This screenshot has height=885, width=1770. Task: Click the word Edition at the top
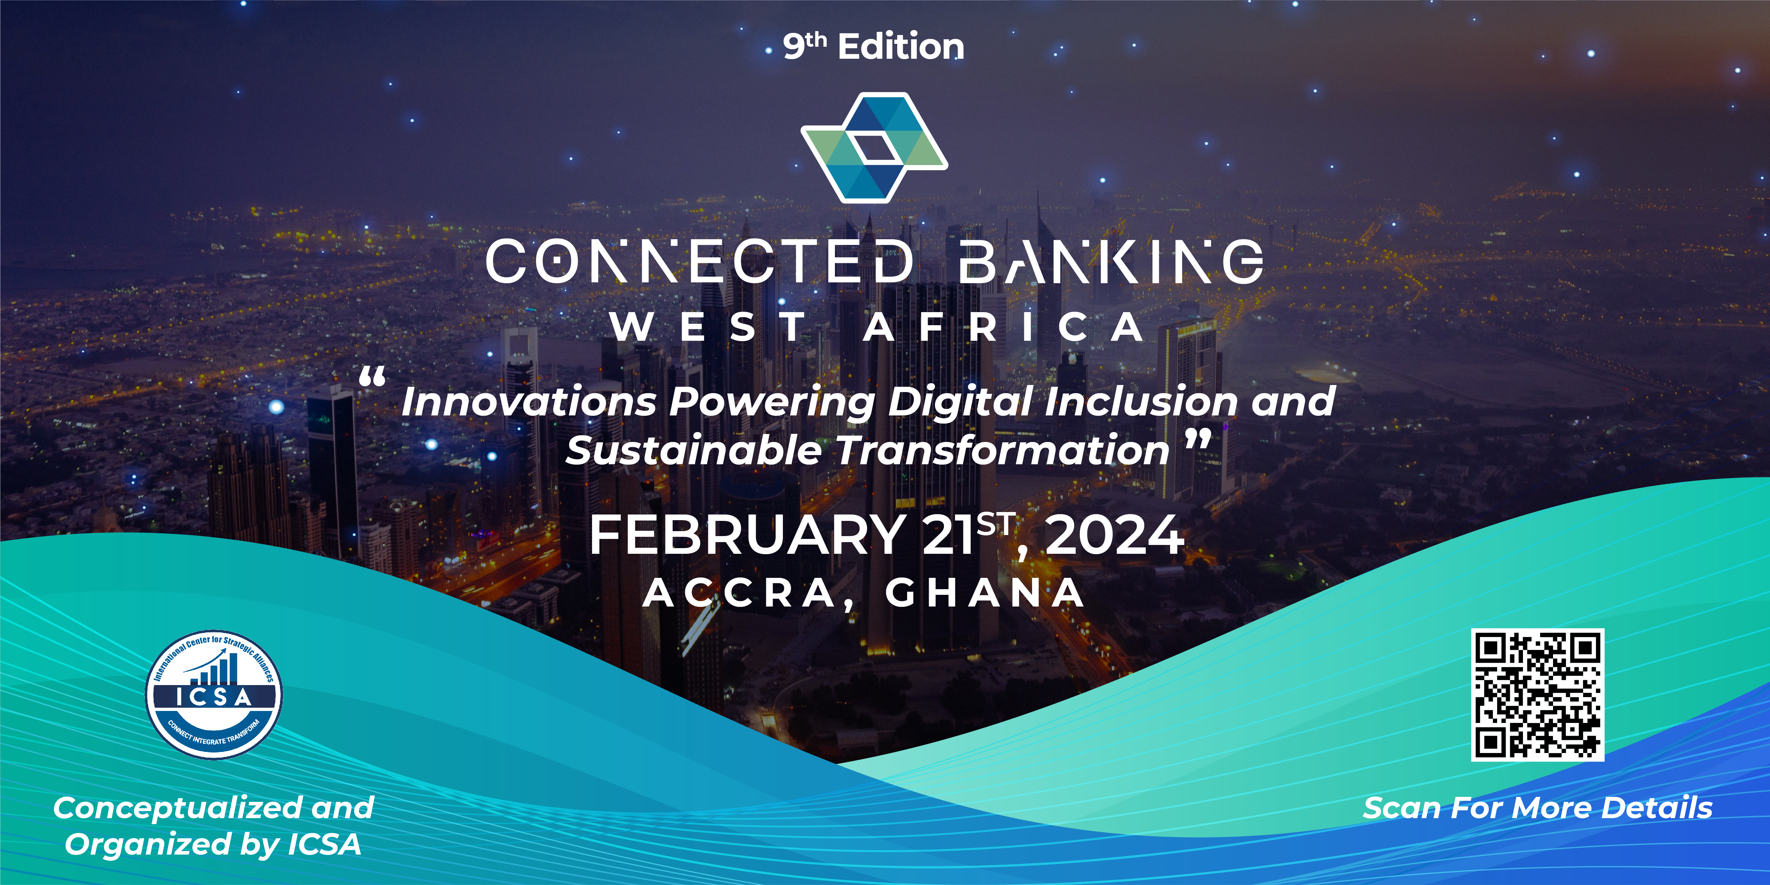901,47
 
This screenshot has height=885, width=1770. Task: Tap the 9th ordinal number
804,45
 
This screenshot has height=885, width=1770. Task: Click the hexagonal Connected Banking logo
874,147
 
